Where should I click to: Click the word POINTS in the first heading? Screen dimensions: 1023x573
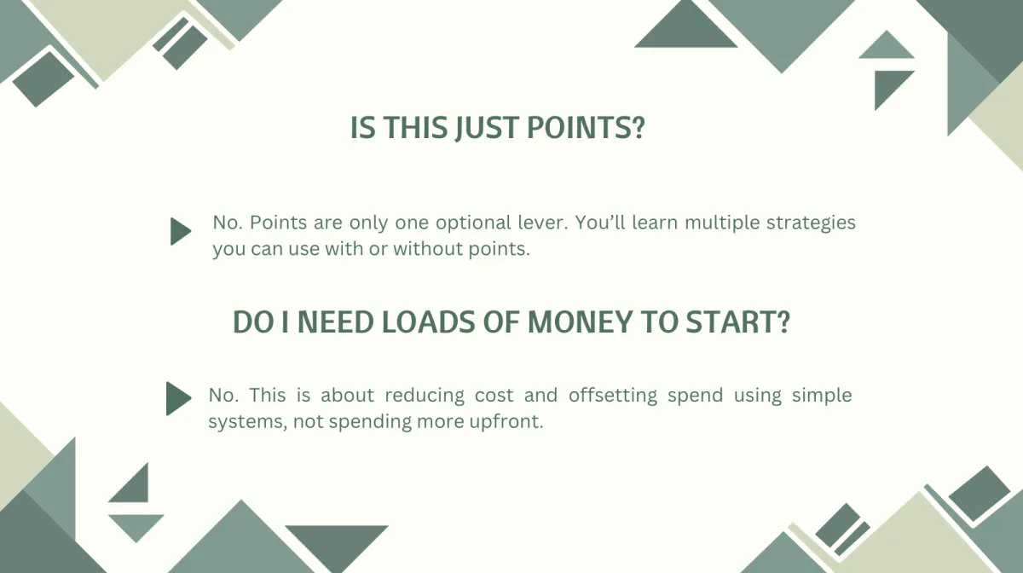tap(586, 127)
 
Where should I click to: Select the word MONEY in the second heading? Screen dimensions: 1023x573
tap(580, 321)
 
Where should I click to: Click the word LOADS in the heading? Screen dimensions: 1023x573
tap(428, 321)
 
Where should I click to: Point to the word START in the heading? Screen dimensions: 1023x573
tap(737, 321)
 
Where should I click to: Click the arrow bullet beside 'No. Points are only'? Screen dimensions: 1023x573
tap(181, 231)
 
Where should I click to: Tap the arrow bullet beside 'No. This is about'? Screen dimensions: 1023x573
tap(178, 398)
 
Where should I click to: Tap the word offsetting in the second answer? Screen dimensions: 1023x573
tap(612, 396)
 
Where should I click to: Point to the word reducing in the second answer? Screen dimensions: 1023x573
tap(425, 396)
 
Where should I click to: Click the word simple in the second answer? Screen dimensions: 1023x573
tap(822, 396)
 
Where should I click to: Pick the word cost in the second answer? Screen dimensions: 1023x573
tap(494, 396)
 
